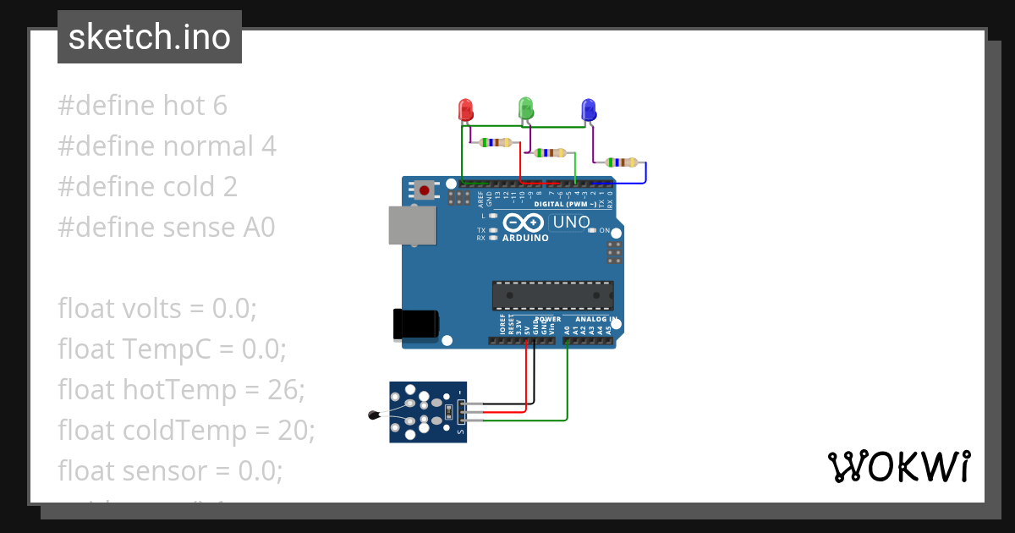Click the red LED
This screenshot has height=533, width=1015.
[465, 110]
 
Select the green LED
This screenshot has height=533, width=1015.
[525, 107]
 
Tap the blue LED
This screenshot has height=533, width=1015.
[589, 110]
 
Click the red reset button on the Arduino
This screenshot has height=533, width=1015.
[424, 190]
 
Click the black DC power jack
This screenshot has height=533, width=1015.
[415, 325]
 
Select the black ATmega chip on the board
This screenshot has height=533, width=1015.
[553, 294]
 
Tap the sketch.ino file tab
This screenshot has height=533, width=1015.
[150, 37]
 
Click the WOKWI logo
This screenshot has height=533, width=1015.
[898, 467]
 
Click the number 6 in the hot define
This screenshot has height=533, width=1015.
[220, 106]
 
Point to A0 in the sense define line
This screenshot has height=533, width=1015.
[258, 228]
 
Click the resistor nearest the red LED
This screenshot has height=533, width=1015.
[496, 142]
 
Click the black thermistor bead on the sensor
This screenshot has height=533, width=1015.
[374, 414]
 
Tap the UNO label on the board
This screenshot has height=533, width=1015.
[571, 223]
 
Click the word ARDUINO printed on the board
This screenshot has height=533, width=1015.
[525, 238]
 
